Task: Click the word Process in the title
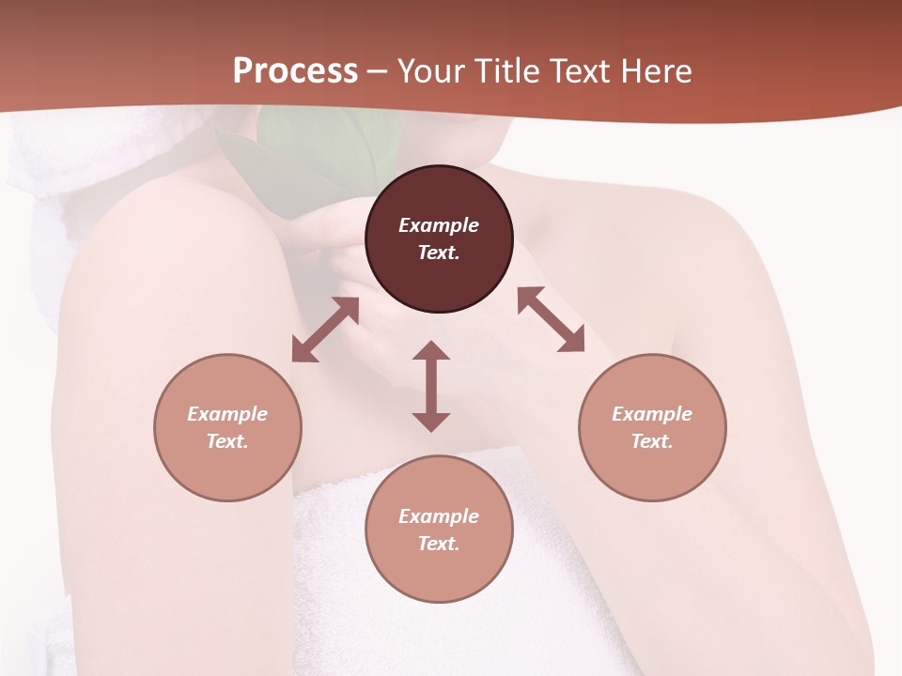pyautogui.click(x=295, y=71)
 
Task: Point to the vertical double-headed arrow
pyautogui.click(x=431, y=386)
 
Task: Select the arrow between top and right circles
pyautogui.click(x=552, y=319)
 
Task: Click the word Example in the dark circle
pyautogui.click(x=439, y=225)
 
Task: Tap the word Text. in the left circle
pyautogui.click(x=227, y=441)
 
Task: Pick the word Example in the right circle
pyautogui.click(x=652, y=414)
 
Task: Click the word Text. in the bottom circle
pyautogui.click(x=439, y=544)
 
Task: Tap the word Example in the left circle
pyautogui.click(x=227, y=414)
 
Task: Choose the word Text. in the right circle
pyautogui.click(x=652, y=441)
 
